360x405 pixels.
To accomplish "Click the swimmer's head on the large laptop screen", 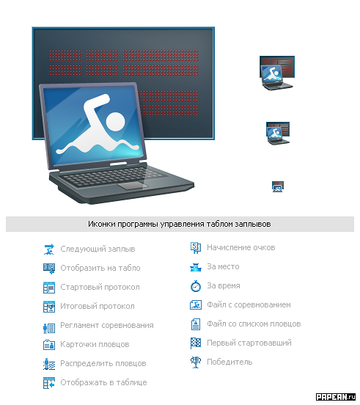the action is coord(115,121).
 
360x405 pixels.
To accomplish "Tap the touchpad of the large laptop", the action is coord(133,186).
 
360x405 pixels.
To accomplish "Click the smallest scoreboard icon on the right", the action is coord(278,186).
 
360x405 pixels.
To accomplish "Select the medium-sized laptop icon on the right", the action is coord(278,134).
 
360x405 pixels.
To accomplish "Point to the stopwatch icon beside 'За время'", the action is coord(196,286).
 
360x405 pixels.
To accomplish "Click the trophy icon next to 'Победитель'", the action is coord(196,362).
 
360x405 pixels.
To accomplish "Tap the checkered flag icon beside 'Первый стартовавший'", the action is coord(196,343).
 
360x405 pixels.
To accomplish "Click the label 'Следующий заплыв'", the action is coord(98,249).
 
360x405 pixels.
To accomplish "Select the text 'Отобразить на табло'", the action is coord(100,268).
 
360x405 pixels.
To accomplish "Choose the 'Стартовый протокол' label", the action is coord(100,287).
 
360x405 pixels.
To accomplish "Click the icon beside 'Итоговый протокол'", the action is coord(49,307).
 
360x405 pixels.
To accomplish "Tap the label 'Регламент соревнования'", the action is coord(107,325).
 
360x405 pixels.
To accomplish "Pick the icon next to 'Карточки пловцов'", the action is coord(49,345).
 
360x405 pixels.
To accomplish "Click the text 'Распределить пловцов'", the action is coord(103,363).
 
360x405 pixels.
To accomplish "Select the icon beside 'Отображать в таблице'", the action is coord(49,383).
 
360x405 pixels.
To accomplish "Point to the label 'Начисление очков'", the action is coord(241,247).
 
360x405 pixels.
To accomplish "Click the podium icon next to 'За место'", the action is coord(196,267).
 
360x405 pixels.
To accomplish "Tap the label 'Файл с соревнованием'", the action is coord(249,304).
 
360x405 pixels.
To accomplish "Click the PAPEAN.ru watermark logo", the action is coord(336,397).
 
